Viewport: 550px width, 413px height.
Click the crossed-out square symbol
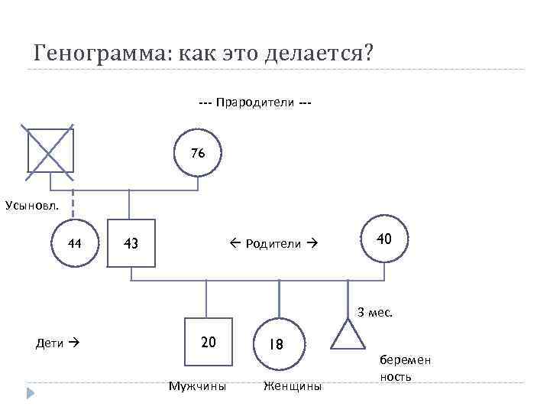tap(50, 148)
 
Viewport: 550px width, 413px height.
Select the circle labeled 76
tap(198, 154)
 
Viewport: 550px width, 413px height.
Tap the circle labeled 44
tap(75, 244)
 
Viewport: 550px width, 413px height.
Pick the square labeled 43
tap(131, 244)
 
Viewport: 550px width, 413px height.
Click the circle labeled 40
tap(384, 239)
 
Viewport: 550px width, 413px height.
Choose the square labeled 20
tap(208, 341)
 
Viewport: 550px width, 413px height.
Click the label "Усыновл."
tap(29, 205)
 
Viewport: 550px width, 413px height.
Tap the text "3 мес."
tap(375, 312)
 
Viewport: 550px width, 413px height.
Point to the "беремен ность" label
tap(404, 368)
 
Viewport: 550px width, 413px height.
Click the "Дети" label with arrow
tap(57, 343)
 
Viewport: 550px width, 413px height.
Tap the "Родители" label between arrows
tap(271, 244)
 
